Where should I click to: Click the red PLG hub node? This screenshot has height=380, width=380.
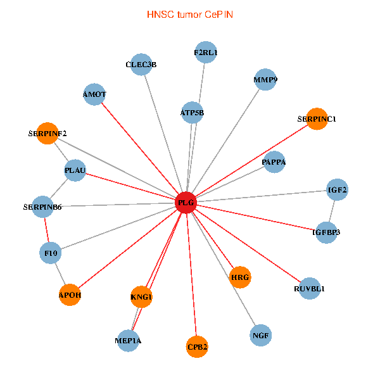[x=186, y=203]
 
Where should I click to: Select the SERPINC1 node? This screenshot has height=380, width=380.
[x=317, y=119]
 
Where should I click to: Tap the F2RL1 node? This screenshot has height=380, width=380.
[x=206, y=53]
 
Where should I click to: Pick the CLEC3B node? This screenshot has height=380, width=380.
[x=141, y=65]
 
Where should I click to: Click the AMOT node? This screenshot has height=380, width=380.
[x=94, y=94]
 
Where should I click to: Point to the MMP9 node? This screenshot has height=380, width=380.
[x=265, y=80]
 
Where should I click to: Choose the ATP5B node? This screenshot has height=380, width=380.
[x=192, y=113]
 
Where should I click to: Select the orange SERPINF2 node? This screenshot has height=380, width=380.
[x=47, y=133]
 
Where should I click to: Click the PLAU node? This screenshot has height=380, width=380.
[x=75, y=170]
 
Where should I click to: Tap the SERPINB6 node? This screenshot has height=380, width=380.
[x=42, y=206]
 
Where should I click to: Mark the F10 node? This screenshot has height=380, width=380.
[x=51, y=253]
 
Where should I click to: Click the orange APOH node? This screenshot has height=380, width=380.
[x=70, y=295]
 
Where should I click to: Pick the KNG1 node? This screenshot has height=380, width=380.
[x=142, y=296]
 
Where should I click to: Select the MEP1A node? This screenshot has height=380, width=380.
[x=129, y=341]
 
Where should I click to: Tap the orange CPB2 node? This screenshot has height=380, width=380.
[x=198, y=346]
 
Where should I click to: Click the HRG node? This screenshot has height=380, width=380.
[x=240, y=277]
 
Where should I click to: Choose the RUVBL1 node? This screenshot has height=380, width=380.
[x=309, y=289]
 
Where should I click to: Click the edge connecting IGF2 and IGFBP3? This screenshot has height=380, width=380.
[x=331, y=210]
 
